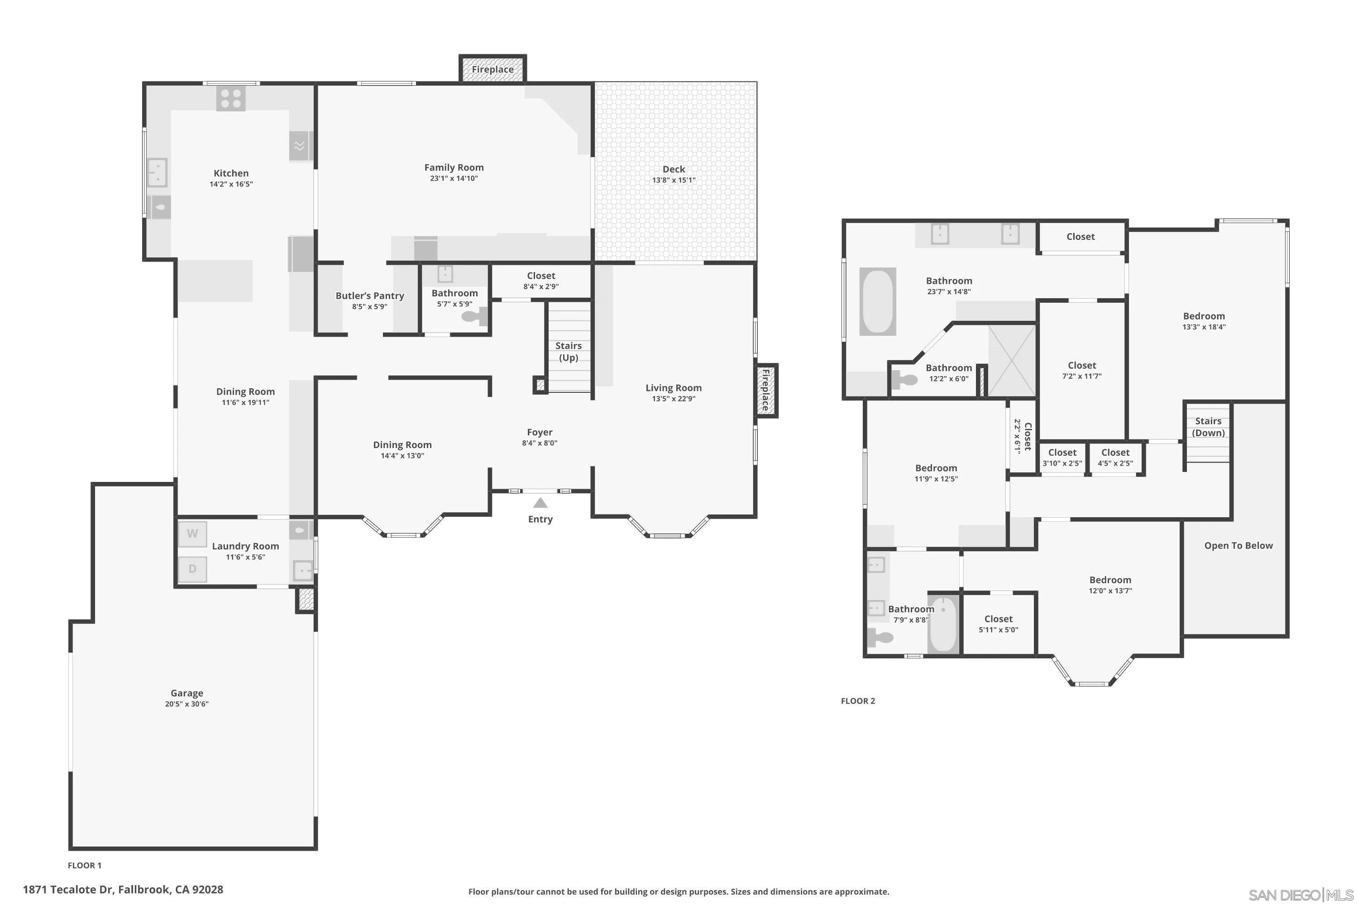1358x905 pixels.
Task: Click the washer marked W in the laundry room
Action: [192, 534]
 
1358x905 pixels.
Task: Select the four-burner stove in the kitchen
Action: [231, 98]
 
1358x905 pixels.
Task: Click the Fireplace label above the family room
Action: [493, 69]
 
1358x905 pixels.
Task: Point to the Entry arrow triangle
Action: [540, 503]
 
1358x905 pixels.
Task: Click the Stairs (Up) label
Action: [569, 352]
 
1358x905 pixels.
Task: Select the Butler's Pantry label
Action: [369, 295]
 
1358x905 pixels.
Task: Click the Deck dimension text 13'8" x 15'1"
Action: [674, 180]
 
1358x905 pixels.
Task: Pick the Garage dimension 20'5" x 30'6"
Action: [186, 704]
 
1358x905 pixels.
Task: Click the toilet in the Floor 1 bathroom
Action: [474, 316]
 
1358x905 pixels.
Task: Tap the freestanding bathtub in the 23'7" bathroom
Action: [878, 301]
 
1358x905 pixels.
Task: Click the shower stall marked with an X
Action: [1012, 361]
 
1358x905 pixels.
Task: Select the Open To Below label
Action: [1238, 545]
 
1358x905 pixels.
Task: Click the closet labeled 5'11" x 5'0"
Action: [998, 624]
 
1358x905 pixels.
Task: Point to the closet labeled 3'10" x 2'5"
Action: [1062, 457]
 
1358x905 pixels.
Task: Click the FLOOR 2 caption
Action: [858, 700]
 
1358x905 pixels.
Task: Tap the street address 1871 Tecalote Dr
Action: [123, 890]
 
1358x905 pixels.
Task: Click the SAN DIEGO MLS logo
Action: [1301, 895]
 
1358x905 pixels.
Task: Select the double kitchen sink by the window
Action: [158, 172]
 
